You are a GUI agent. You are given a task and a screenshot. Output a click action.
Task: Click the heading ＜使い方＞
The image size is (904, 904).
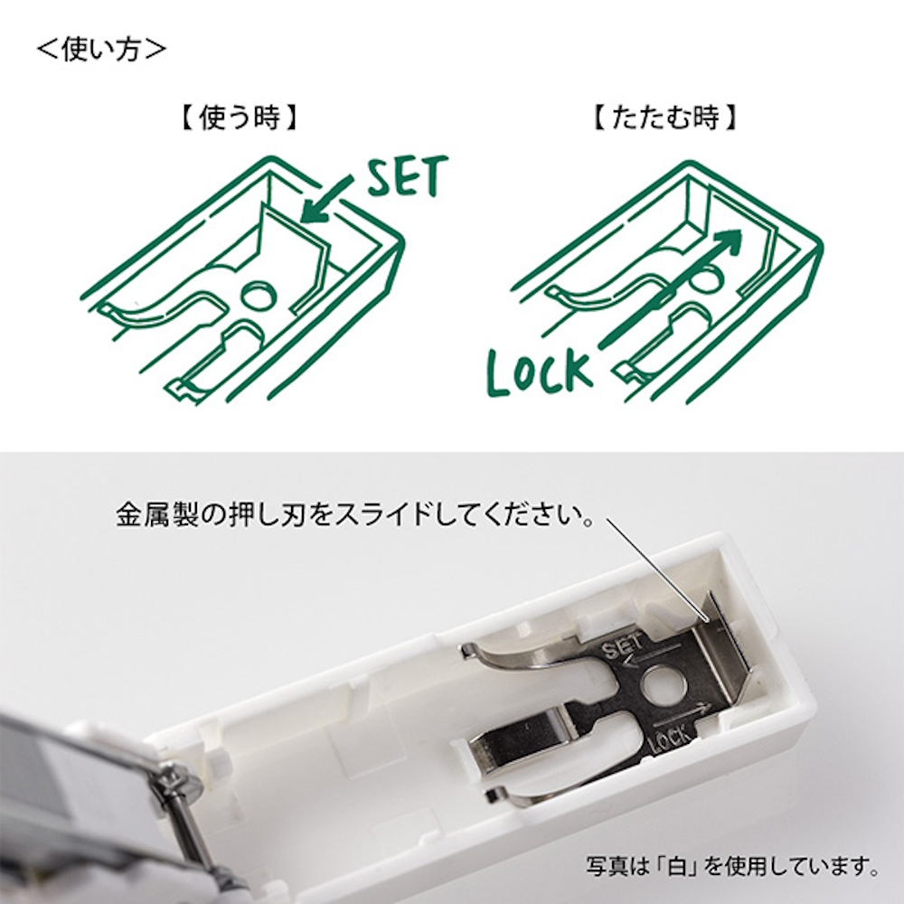click(x=101, y=48)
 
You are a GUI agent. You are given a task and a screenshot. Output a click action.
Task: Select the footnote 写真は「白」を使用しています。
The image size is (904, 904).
click(x=732, y=871)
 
